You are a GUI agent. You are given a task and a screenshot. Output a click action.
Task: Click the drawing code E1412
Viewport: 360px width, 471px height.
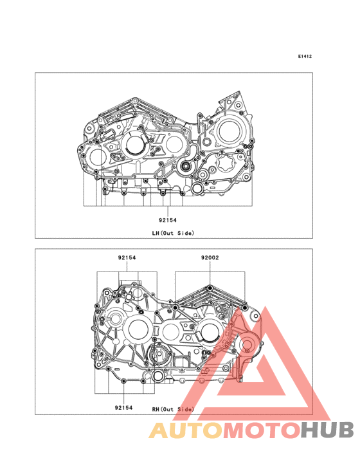click(x=305, y=56)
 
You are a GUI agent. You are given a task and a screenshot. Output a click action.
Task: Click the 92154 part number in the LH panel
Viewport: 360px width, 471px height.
click(x=168, y=220)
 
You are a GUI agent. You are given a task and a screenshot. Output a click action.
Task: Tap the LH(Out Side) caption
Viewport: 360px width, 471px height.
click(x=173, y=233)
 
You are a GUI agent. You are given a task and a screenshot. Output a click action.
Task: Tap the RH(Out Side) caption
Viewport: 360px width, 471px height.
click(x=173, y=409)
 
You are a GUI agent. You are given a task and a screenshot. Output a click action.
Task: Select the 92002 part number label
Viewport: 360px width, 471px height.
click(x=210, y=257)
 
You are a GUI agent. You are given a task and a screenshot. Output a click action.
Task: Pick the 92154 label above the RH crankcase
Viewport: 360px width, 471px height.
click(x=127, y=257)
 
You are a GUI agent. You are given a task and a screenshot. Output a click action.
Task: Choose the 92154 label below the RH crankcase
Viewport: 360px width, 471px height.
click(x=123, y=407)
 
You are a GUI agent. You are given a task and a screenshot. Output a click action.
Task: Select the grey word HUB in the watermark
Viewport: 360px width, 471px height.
click(x=327, y=430)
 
